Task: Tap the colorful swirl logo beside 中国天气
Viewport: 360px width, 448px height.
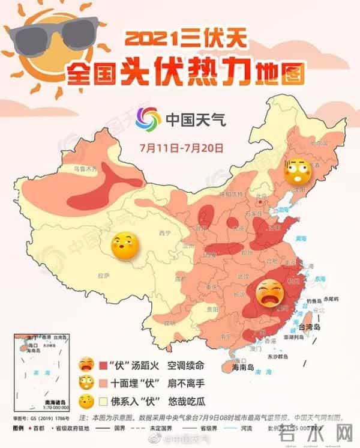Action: [x=148, y=118]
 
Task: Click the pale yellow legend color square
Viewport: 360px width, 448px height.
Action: [x=102, y=399]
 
